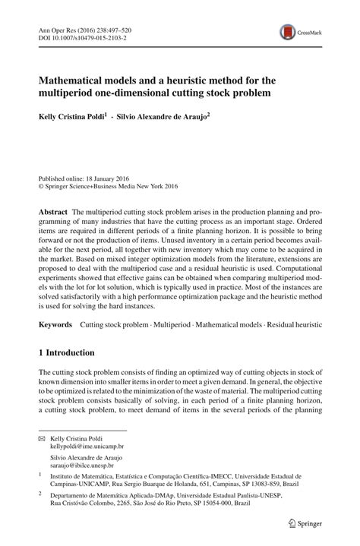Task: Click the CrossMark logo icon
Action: coord(289,30)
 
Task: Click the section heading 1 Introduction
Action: coord(66,353)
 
